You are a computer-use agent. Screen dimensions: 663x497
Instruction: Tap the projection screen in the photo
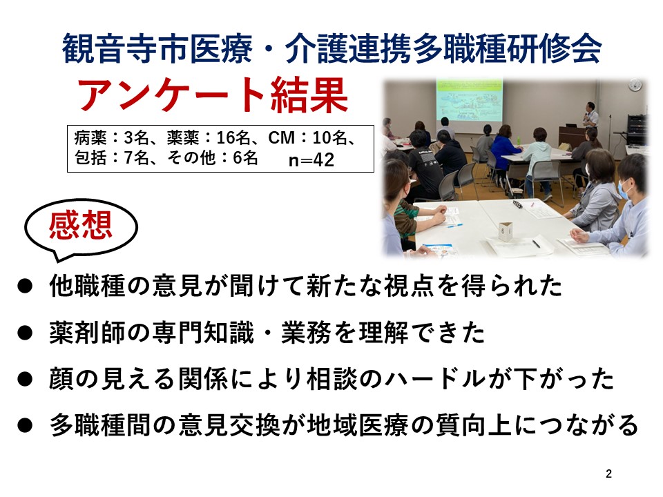470,101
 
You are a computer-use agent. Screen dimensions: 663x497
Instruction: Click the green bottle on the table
519,140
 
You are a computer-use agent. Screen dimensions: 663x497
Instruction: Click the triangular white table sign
506,231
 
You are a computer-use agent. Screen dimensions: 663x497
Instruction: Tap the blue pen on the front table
454,226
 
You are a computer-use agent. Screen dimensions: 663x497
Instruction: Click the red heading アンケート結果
212,95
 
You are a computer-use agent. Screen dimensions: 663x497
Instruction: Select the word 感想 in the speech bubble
80,225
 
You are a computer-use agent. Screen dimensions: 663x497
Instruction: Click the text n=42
311,159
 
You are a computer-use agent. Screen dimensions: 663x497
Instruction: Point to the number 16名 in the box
233,138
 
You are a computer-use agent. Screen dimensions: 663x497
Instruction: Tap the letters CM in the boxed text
281,138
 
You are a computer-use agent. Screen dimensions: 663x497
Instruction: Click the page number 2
608,474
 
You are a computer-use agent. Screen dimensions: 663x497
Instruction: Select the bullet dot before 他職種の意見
25,286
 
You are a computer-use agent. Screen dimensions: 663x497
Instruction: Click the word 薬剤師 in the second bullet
88,333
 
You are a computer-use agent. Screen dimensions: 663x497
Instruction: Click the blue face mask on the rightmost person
624,188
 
